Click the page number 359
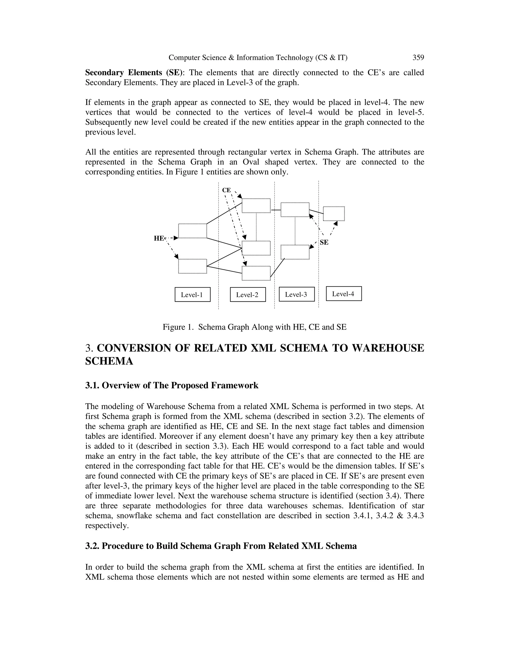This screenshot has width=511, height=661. pyautogui.click(x=418, y=58)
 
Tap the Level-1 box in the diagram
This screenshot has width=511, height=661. pyautogui.click(x=193, y=295)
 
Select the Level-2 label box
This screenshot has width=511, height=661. pyautogui.click(x=248, y=295)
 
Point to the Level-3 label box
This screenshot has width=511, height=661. pyautogui.click(x=296, y=294)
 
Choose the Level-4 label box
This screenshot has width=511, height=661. pyautogui.click(x=344, y=294)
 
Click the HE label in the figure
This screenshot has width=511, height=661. pyautogui.click(x=159, y=238)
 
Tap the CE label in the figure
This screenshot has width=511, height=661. pyautogui.click(x=226, y=190)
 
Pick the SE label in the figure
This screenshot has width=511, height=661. pyautogui.click(x=324, y=242)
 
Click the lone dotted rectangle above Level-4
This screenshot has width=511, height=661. pyautogui.click(x=334, y=214)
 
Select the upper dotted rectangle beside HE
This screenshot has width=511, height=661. pyautogui.click(x=193, y=231)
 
